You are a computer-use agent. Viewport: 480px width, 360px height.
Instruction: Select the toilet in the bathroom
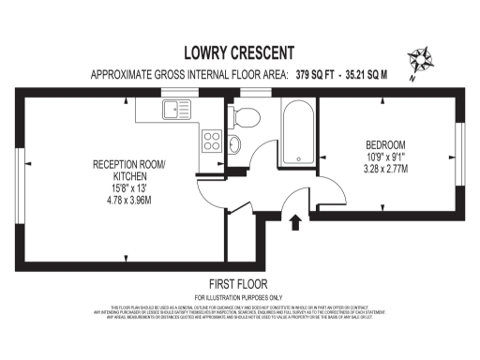246,116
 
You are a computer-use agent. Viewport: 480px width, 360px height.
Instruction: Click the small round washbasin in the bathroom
233,143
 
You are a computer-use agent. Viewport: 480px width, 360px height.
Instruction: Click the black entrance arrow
297,221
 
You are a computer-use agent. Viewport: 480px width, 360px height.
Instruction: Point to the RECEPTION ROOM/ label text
127,165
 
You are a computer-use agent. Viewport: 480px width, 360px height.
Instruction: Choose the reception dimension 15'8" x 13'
128,188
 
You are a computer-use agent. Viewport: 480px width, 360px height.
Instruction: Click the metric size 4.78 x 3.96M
128,200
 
